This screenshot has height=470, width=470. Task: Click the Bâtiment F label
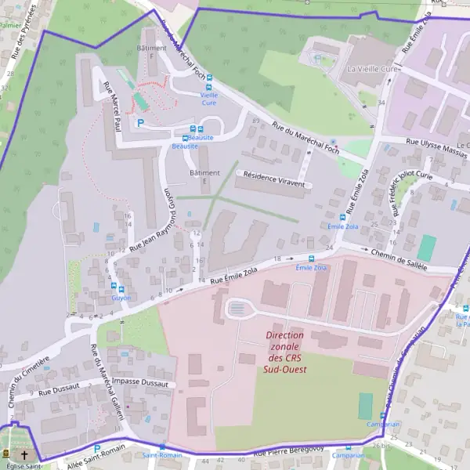[x=151, y=52]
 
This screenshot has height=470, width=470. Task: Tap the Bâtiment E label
[x=205, y=176]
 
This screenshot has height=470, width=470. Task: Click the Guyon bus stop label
[x=121, y=298]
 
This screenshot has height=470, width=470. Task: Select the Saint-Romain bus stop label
[x=162, y=454]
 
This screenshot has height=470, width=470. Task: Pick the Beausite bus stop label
[x=185, y=146]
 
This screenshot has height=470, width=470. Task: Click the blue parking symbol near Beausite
[x=140, y=122]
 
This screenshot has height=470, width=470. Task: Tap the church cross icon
[x=24, y=455]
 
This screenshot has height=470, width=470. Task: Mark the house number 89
[x=255, y=121]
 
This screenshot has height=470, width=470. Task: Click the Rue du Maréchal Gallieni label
[x=108, y=382]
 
